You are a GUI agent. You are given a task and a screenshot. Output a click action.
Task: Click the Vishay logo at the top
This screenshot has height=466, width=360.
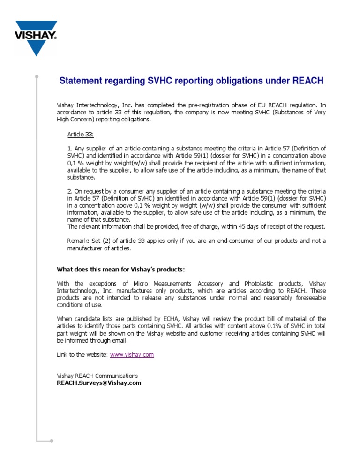[36, 37]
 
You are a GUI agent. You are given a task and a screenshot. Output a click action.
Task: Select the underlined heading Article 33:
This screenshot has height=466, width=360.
[81, 135]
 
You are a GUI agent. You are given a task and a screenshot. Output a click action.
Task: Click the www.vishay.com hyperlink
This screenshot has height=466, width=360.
[132, 355]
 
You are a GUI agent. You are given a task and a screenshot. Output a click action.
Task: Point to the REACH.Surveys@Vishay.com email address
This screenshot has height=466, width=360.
[98, 383]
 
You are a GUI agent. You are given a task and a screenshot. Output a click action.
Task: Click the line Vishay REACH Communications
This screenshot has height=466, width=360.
[97, 376]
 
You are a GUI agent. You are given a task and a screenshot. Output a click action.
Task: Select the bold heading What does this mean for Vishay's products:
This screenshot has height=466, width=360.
[121, 269]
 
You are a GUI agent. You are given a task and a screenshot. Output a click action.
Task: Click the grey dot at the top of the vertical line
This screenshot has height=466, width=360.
[37, 76]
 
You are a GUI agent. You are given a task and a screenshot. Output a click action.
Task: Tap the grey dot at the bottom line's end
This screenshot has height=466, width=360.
[52, 441]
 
